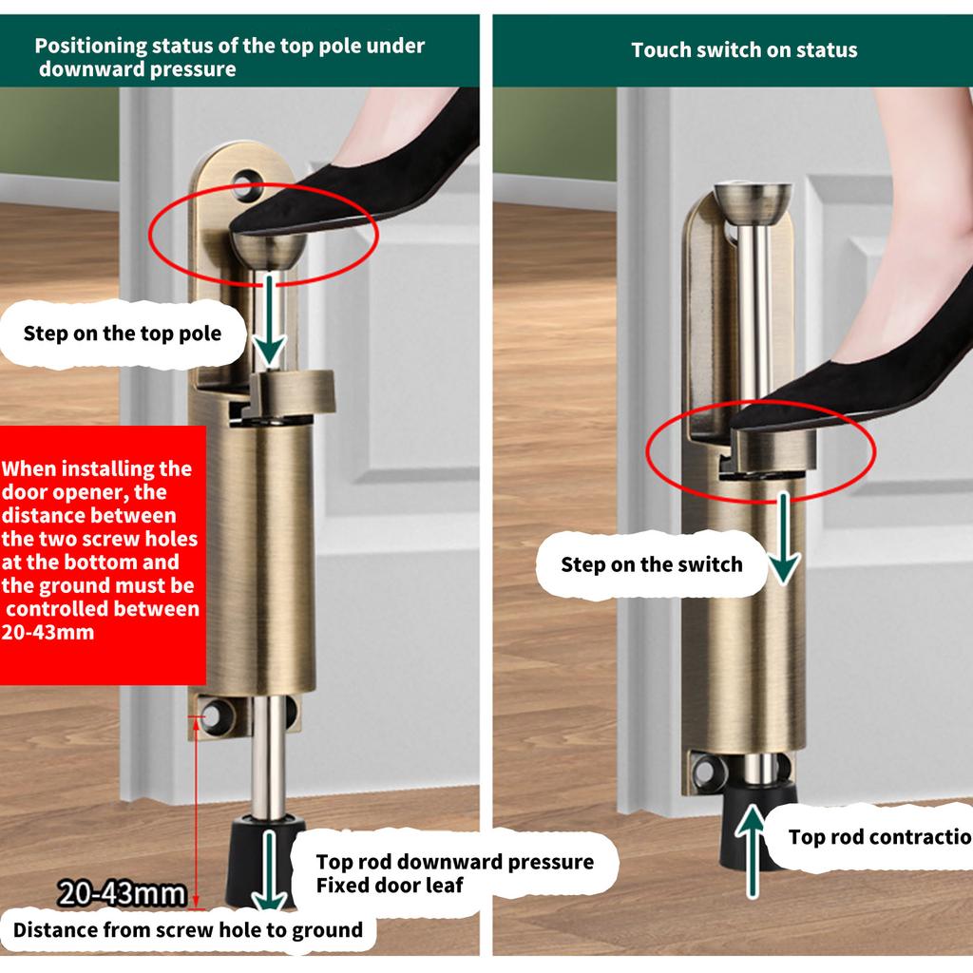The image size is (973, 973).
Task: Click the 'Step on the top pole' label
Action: (123, 334)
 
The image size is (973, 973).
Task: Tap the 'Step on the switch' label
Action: (651, 564)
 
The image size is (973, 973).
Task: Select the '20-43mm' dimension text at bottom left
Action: (121, 894)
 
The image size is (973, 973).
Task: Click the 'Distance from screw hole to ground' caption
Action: (187, 929)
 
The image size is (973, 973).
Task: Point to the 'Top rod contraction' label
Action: (879, 837)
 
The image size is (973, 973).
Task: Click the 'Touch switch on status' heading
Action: (744, 50)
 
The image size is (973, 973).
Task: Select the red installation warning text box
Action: (101, 550)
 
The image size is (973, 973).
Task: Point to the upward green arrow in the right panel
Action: (753, 850)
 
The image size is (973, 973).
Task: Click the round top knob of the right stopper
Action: (754, 200)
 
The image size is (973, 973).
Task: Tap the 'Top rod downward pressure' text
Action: (454, 862)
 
